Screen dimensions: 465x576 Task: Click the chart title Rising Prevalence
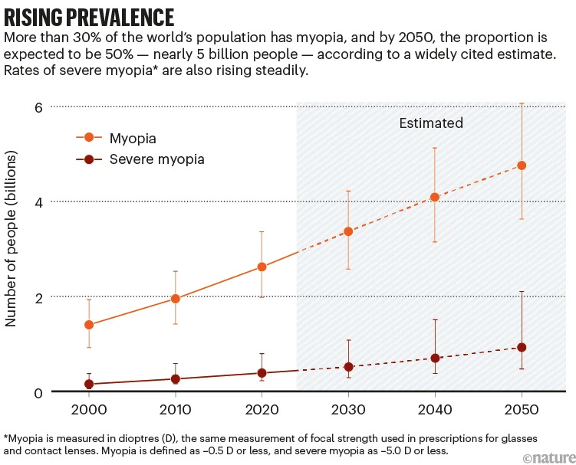click(x=89, y=17)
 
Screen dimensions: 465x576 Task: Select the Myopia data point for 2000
click(x=89, y=325)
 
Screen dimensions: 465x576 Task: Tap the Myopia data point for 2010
click(x=176, y=299)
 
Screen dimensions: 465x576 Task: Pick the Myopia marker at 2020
click(x=262, y=267)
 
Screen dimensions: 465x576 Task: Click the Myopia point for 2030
click(x=347, y=231)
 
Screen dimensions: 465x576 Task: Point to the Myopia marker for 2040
click(x=435, y=197)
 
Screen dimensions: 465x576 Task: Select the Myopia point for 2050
click(x=522, y=165)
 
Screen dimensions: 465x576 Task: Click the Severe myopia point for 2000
click(x=89, y=385)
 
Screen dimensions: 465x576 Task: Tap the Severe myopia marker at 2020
click(x=262, y=373)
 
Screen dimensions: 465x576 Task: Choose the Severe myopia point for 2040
click(x=435, y=358)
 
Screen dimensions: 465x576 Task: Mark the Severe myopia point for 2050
click(x=522, y=347)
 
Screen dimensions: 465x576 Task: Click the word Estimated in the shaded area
click(x=431, y=123)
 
